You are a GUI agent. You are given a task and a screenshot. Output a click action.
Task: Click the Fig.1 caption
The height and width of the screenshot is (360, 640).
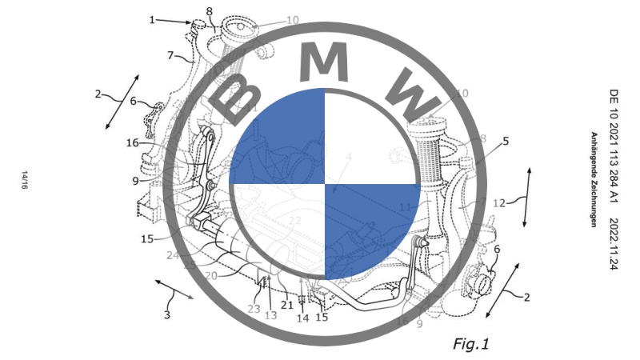click(x=470, y=344)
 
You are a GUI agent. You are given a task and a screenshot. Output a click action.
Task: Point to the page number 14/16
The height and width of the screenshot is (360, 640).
click(x=27, y=179)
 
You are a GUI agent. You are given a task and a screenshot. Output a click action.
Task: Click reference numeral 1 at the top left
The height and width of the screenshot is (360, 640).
click(x=152, y=20)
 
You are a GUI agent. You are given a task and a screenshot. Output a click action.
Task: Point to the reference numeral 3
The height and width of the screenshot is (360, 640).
click(x=167, y=314)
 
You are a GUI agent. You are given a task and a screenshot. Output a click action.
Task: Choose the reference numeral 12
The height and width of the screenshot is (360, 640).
click(x=499, y=203)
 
